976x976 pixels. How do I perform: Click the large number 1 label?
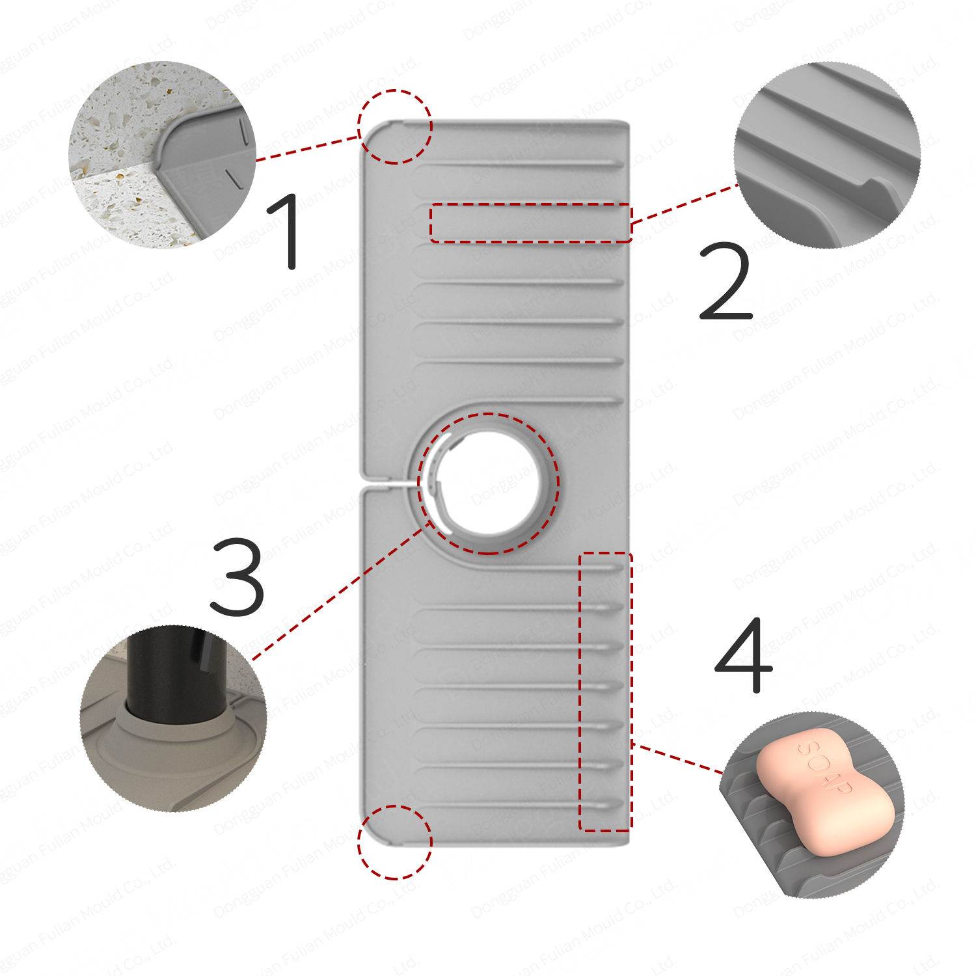click(x=286, y=231)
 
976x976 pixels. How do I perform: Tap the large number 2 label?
click(x=725, y=281)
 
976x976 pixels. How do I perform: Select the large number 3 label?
click(x=238, y=577)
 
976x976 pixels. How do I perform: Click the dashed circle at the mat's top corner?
click(x=394, y=126)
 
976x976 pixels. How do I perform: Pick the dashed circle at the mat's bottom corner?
click(x=394, y=842)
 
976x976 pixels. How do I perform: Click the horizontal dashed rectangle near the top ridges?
click(x=530, y=223)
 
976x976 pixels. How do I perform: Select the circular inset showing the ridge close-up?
click(x=827, y=155)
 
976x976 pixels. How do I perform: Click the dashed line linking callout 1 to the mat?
click(x=307, y=148)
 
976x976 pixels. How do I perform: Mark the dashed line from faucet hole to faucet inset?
click(x=338, y=592)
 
